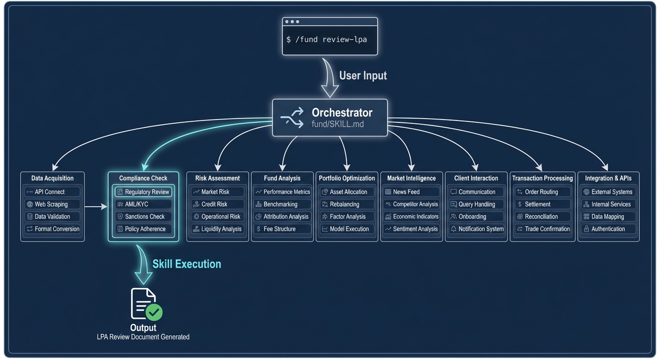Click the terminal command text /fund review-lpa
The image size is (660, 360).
click(331, 39)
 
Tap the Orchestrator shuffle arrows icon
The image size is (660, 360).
click(292, 118)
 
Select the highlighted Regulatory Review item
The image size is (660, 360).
click(143, 192)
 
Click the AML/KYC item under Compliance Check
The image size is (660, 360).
click(143, 204)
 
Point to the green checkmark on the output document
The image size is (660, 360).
click(154, 312)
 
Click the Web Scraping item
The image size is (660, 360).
click(52, 204)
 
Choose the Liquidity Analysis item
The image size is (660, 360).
click(217, 229)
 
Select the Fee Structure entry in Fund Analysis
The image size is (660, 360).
click(282, 229)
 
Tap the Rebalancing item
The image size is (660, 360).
click(347, 204)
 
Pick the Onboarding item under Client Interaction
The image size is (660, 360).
click(476, 217)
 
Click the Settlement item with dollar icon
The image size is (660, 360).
click(542, 204)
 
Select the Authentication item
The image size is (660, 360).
click(608, 229)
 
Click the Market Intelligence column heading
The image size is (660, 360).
click(411, 178)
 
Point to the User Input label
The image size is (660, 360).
click(363, 75)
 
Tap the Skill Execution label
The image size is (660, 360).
click(187, 264)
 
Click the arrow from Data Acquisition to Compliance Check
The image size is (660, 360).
click(96, 206)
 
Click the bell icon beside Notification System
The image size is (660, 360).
click(453, 229)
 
